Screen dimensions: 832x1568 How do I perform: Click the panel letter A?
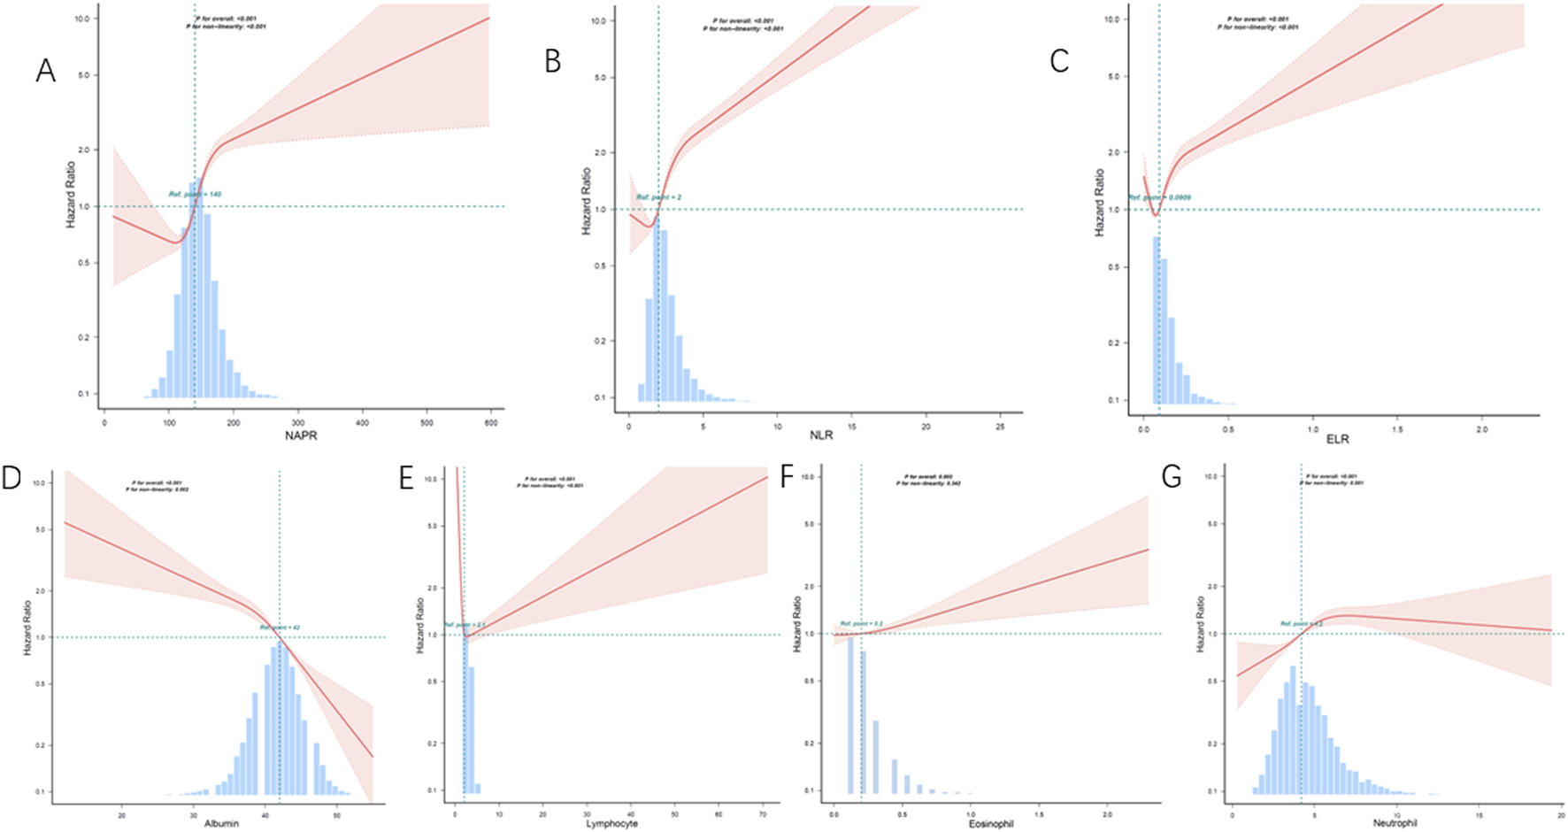click(x=45, y=70)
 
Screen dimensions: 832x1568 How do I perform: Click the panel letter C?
click(x=1059, y=60)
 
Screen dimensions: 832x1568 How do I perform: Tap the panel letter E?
click(x=406, y=479)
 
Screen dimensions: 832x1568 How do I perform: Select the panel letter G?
click(x=1171, y=478)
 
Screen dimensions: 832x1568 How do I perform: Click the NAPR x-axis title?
click(x=301, y=436)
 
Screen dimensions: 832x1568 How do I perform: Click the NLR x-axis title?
click(x=820, y=435)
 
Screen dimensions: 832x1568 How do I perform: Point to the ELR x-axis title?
click(x=1337, y=439)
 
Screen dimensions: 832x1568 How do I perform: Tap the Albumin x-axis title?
click(x=222, y=823)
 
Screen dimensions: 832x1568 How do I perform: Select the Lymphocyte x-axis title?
click(x=611, y=823)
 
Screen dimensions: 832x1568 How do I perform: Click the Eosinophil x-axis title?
click(x=989, y=823)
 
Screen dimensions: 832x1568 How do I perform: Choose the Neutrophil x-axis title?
click(x=1395, y=823)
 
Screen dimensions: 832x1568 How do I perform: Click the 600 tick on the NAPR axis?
click(x=491, y=423)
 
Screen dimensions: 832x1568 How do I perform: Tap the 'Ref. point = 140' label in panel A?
click(x=196, y=194)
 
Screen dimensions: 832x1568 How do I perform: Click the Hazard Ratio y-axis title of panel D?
click(x=28, y=636)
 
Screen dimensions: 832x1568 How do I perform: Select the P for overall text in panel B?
click(x=743, y=20)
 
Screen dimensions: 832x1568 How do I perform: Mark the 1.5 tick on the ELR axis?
click(x=1397, y=429)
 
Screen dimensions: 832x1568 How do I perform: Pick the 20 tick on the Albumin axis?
click(x=121, y=813)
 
